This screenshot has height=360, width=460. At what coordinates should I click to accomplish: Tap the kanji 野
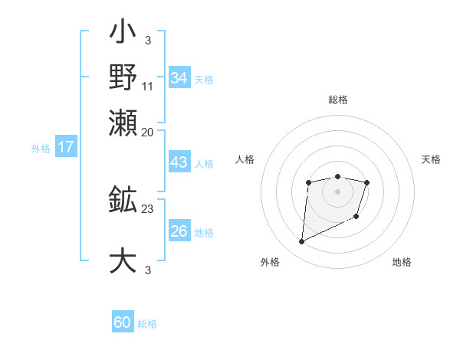click(x=123, y=77)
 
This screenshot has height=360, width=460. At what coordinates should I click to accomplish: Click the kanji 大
click(x=123, y=260)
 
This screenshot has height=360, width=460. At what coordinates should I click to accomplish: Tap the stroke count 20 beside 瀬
click(x=148, y=132)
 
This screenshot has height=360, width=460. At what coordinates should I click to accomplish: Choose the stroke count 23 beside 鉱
click(x=148, y=208)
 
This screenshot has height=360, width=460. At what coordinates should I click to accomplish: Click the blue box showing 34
click(x=179, y=78)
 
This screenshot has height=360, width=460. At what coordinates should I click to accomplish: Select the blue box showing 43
click(x=179, y=163)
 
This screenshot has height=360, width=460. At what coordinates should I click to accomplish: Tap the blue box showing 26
click(x=179, y=231)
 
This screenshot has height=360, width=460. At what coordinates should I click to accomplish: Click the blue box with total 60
click(x=123, y=322)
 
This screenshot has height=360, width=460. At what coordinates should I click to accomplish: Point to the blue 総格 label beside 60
click(x=147, y=324)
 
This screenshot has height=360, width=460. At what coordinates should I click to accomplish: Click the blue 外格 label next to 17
click(x=41, y=149)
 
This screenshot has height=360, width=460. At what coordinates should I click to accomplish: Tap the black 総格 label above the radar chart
click(x=337, y=100)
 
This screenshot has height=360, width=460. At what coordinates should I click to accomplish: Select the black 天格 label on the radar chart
click(x=431, y=159)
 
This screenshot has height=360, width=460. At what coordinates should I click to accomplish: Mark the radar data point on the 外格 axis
click(x=301, y=242)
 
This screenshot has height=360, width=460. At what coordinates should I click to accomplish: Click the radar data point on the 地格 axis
click(x=357, y=218)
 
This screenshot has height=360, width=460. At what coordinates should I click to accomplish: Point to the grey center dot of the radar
click(x=337, y=191)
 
